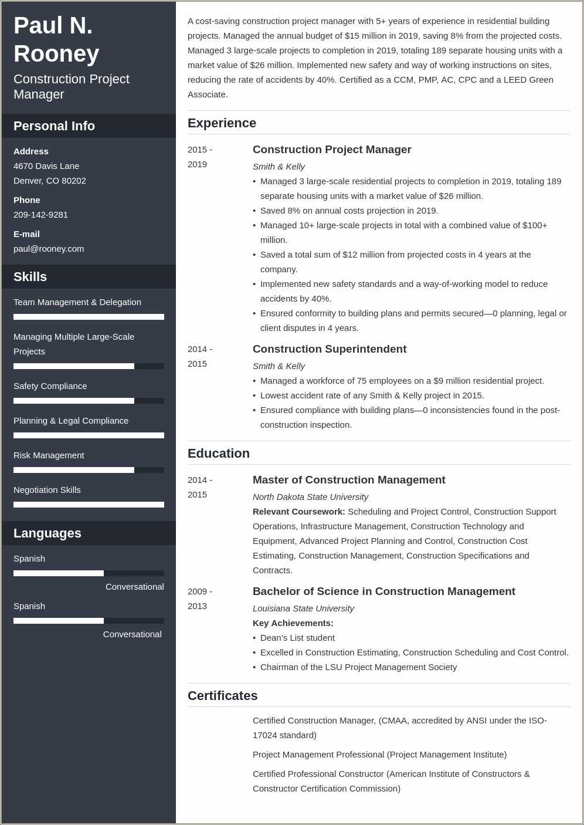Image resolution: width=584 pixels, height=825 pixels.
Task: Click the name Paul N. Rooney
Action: pos(56,39)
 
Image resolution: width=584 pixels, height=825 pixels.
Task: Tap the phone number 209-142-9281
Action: pos(40,215)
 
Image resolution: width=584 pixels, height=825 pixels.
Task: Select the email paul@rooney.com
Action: pos(49,249)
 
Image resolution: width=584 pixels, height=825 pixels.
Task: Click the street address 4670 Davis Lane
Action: pos(46,166)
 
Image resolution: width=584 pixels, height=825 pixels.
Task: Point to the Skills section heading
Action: pos(30,277)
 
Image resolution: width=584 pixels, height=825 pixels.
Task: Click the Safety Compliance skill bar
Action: pos(89,401)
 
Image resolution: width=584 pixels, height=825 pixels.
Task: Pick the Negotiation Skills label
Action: pos(47,490)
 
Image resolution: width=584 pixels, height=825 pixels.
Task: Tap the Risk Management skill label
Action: pos(49,455)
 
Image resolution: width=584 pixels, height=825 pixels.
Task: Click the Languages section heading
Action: pos(47,533)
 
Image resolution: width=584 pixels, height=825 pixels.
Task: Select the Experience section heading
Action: pos(222,123)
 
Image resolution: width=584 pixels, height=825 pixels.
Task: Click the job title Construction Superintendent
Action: pos(329,349)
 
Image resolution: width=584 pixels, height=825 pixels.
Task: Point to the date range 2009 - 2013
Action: pos(200,599)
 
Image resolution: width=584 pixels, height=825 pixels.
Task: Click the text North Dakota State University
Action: pos(310,497)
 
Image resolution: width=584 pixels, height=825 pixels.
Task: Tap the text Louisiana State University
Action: pos(303,608)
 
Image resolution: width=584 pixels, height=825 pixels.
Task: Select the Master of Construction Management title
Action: pos(349,480)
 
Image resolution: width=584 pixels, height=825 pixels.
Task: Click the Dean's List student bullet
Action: pos(297,638)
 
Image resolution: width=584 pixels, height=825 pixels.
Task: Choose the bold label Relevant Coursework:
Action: pos(298,512)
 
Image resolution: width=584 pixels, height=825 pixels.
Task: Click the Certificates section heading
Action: pos(222,696)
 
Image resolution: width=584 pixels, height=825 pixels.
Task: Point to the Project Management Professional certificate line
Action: pos(379,755)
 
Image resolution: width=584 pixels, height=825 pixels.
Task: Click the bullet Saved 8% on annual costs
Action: pos(349,211)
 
